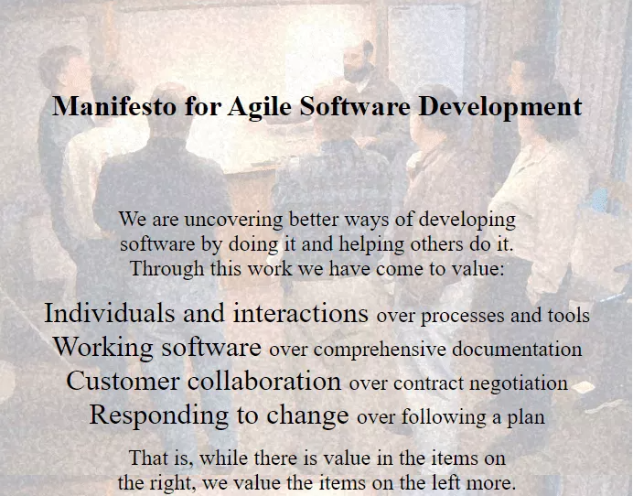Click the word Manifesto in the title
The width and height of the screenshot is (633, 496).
click(x=114, y=106)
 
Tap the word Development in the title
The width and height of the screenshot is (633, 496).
click(x=500, y=108)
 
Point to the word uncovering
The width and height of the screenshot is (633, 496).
click(x=234, y=220)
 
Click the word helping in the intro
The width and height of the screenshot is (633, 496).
click(x=371, y=244)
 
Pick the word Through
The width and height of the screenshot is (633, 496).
click(x=166, y=269)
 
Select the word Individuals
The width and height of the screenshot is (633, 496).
click(x=110, y=313)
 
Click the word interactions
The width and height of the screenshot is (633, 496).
click(x=301, y=314)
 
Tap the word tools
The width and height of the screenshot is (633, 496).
click(x=569, y=315)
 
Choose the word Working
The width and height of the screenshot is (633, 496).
click(x=103, y=348)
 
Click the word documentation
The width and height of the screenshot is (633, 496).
click(x=517, y=349)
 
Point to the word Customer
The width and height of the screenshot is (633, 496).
click(x=123, y=381)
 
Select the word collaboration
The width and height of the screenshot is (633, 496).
click(x=264, y=381)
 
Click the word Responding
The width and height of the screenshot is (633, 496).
click(x=158, y=415)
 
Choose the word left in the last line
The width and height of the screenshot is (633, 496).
click(x=447, y=482)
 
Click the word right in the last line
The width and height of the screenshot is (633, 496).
click(x=172, y=483)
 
